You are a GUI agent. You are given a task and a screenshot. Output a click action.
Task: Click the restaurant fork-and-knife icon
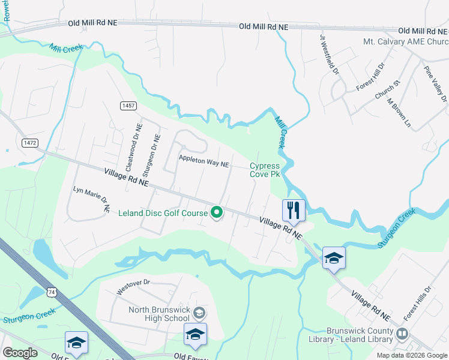coord(294,211)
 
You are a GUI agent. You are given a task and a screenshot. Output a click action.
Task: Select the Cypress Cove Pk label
coord(265,170)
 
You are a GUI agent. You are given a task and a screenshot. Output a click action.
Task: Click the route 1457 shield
coord(128,106)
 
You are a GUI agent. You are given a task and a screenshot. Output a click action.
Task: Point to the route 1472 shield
coord(29,143)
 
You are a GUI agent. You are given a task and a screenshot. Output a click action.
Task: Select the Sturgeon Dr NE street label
coord(155,150)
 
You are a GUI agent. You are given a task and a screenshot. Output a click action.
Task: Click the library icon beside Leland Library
coord(402,334)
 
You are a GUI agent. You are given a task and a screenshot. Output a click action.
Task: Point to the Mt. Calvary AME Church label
coord(406,42)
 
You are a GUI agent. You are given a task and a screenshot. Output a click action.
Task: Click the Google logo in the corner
coord(20,353)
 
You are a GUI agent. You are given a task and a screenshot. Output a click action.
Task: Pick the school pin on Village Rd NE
coord(334,259)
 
